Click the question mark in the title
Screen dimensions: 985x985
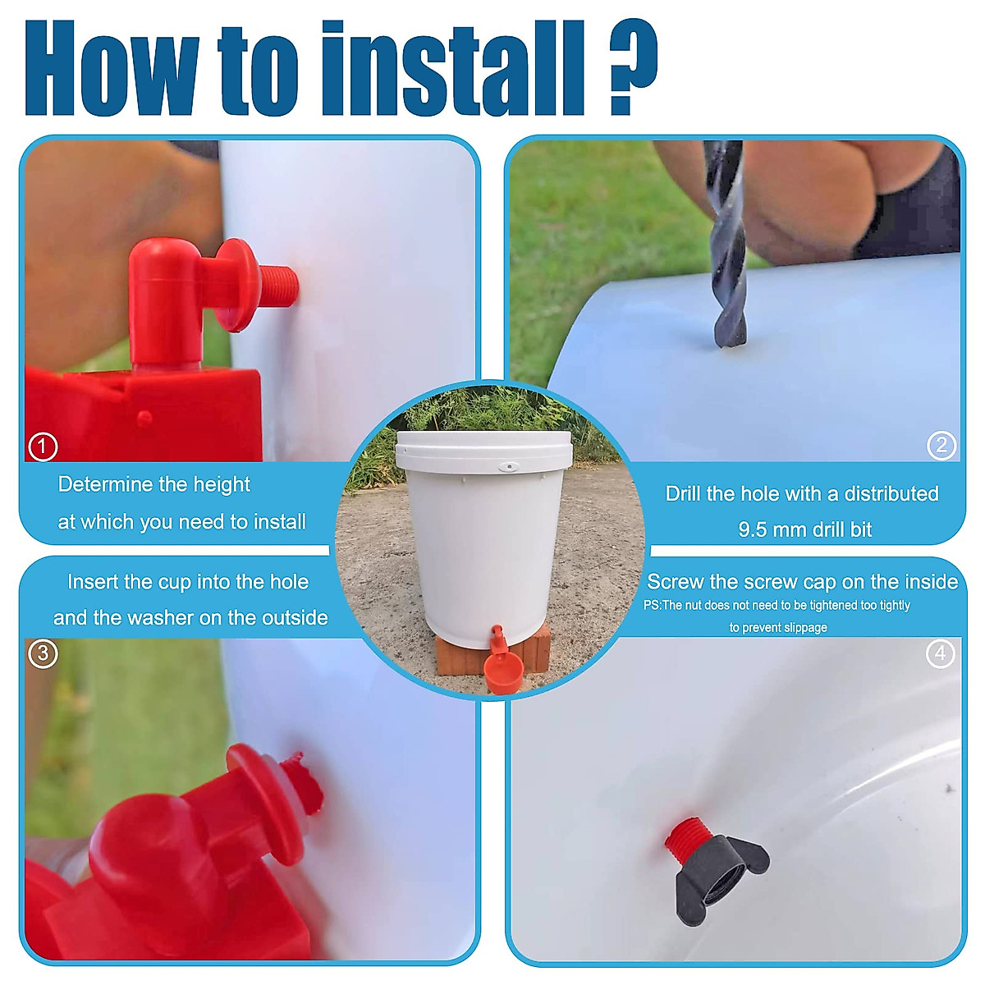[x=633, y=66]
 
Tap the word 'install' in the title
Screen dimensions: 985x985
[x=452, y=67]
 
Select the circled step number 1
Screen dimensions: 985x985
[x=43, y=447]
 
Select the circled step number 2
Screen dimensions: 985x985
[x=941, y=445]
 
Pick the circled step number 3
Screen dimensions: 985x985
[x=43, y=653]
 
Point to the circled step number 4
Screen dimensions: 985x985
[x=940, y=653]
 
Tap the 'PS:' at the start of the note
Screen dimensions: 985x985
[x=652, y=605]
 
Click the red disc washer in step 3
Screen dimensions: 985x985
[x=265, y=804]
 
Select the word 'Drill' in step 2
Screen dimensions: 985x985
[x=683, y=494]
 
